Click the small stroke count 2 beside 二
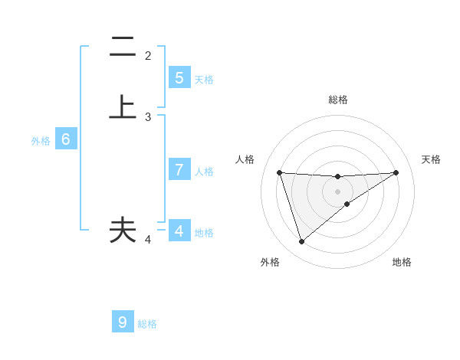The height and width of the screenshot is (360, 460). point(148,56)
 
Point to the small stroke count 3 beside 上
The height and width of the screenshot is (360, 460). point(148,117)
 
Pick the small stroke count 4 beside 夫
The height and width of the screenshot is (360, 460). point(148,240)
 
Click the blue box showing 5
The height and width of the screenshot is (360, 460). point(179,78)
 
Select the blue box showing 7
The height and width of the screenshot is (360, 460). point(179,170)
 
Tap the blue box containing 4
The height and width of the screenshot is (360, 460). point(179,231)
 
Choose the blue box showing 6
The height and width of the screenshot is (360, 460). point(66,139)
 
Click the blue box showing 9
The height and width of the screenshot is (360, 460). point(123,322)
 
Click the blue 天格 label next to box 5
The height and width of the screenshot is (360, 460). point(204,79)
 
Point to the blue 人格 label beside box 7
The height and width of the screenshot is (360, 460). point(204,172)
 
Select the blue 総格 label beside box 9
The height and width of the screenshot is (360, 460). point(147,324)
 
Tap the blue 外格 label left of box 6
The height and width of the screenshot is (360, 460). point(40,141)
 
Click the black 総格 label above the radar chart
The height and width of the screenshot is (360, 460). point(337,100)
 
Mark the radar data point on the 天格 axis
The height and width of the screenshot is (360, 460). point(396,172)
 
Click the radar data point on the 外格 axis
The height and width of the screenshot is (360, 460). point(301,242)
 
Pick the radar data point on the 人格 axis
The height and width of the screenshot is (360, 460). point(279,172)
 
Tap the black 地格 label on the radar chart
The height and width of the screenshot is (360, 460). point(402,263)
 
